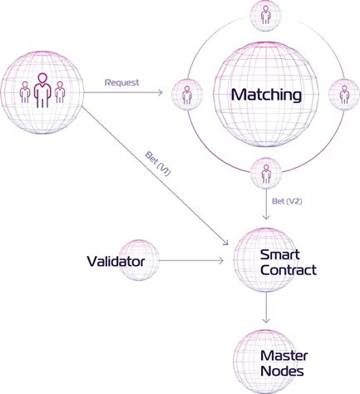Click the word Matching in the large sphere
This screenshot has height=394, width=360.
click(266, 95)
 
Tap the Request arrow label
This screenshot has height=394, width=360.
click(122, 82)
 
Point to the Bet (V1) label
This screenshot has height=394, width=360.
click(158, 164)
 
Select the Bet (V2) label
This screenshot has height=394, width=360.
click(287, 201)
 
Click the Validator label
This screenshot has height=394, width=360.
click(116, 261)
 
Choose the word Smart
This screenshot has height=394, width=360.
click(280, 254)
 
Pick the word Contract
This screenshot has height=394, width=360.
click(288, 270)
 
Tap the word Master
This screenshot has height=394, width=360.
click(284, 356)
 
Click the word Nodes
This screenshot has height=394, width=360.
click(282, 372)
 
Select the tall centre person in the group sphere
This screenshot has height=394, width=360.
click(42, 90)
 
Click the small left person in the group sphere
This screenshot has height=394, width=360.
click(25, 92)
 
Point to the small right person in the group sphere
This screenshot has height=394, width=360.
click(60, 92)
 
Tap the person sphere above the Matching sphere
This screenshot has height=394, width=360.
click(266, 15)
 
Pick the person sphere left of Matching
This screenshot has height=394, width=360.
click(187, 95)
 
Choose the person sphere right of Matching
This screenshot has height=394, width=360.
click(344, 95)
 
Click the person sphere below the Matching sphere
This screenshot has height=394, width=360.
click(266, 174)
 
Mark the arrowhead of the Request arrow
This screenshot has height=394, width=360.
click(160, 92)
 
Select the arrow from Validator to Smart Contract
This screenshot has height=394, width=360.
click(191, 260)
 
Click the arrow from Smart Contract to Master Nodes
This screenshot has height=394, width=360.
click(266, 307)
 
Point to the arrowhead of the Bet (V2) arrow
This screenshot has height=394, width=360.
click(266, 218)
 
